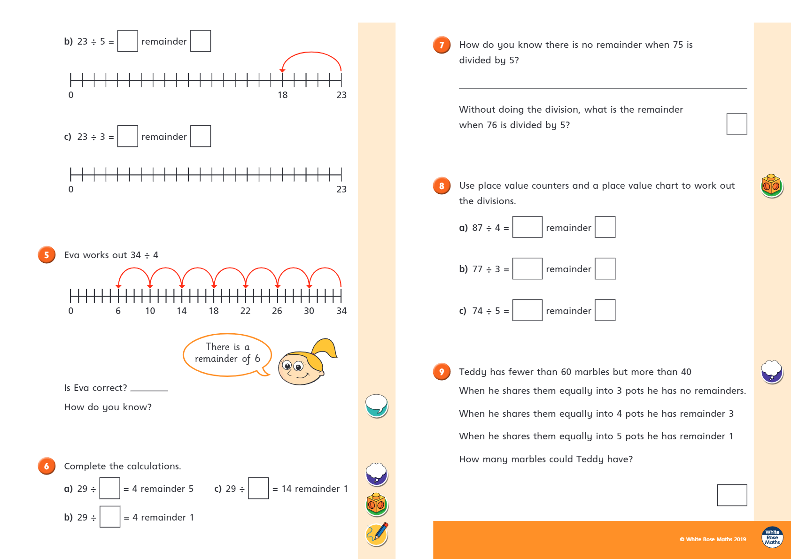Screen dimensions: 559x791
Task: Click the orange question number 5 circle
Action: click(47, 255)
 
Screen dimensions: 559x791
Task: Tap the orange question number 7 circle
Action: click(442, 45)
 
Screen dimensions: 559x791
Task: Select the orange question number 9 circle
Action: click(442, 372)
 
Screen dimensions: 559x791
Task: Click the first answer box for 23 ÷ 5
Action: click(127, 41)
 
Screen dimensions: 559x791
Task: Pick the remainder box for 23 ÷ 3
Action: click(201, 136)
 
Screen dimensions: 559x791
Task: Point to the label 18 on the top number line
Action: click(282, 95)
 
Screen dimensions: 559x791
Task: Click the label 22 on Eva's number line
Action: click(245, 311)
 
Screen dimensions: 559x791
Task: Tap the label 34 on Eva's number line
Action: click(341, 311)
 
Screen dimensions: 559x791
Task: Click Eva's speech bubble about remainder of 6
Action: click(227, 355)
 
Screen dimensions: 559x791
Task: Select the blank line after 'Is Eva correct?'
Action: click(149, 389)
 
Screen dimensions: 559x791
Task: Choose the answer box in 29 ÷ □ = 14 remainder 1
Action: click(258, 488)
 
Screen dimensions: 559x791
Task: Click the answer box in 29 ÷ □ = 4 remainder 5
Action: click(110, 488)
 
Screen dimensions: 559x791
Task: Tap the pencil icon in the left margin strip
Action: click(377, 534)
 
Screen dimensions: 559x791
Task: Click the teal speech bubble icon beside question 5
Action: click(377, 406)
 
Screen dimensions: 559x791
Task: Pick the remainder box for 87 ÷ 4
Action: click(605, 227)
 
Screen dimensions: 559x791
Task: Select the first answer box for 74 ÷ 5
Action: click(527, 310)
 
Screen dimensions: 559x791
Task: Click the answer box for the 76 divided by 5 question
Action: click(737, 124)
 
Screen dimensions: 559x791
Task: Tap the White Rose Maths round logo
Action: click(772, 537)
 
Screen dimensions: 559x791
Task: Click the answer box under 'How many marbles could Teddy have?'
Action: click(732, 495)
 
